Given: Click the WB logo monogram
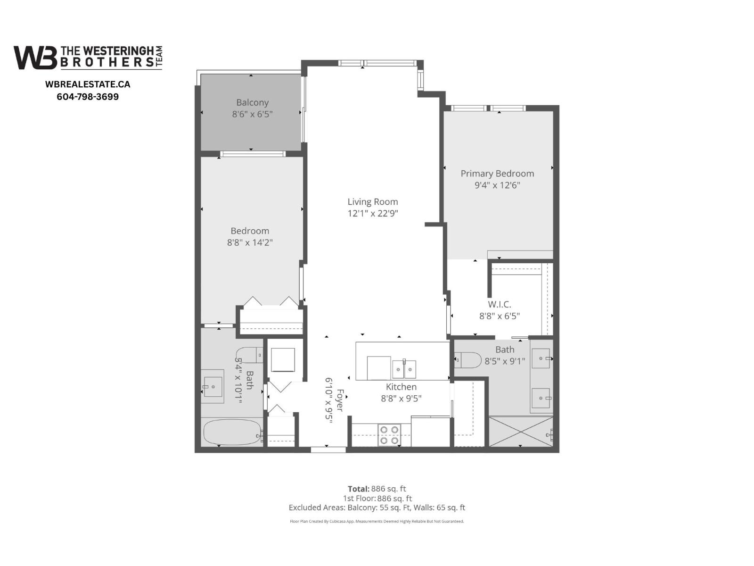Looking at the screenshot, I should pos(35,58).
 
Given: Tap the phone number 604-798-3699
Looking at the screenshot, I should pos(88,97).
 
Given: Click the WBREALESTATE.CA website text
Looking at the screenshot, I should pos(88,84).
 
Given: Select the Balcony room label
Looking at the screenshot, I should pos(252,102).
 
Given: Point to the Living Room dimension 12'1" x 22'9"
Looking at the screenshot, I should pos(373,213).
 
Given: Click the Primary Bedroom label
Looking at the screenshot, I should pos(497,174).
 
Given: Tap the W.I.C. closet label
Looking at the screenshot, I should pos(499,305).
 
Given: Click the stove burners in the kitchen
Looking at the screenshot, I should pos(389,435).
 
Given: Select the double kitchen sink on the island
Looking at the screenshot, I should pos(404,368).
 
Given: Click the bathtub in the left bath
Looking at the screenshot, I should pos(232,433).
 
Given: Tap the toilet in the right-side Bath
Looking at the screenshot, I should pos(467,360).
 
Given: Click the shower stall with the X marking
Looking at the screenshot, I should pos(520,431).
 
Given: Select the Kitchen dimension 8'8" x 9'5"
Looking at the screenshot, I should pos(401,398).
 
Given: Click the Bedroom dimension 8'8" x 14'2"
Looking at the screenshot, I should pos(250,242).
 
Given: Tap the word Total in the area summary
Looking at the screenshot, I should pos(358,489).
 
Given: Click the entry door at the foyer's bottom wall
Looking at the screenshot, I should pos(328,449).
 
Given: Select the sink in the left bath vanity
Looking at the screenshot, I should pos(213,387).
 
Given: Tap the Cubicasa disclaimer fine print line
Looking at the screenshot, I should pos(377,521).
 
